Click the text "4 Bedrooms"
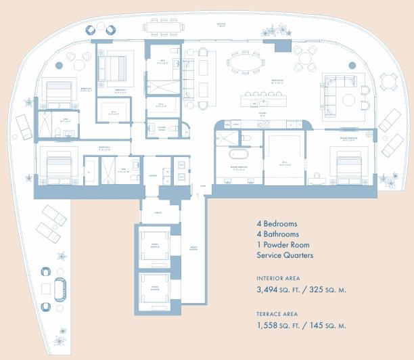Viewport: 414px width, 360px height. pyautogui.click(x=277, y=224)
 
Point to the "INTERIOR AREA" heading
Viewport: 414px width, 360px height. pyautogui.click(x=279, y=278)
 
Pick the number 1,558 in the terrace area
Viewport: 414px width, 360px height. pyautogui.click(x=270, y=325)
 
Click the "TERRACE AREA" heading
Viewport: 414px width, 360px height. pyautogui.click(x=277, y=315)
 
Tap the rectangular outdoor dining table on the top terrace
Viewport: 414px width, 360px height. pyautogui.click(x=164, y=28)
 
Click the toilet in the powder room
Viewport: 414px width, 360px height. pyautogui.click(x=173, y=129)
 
